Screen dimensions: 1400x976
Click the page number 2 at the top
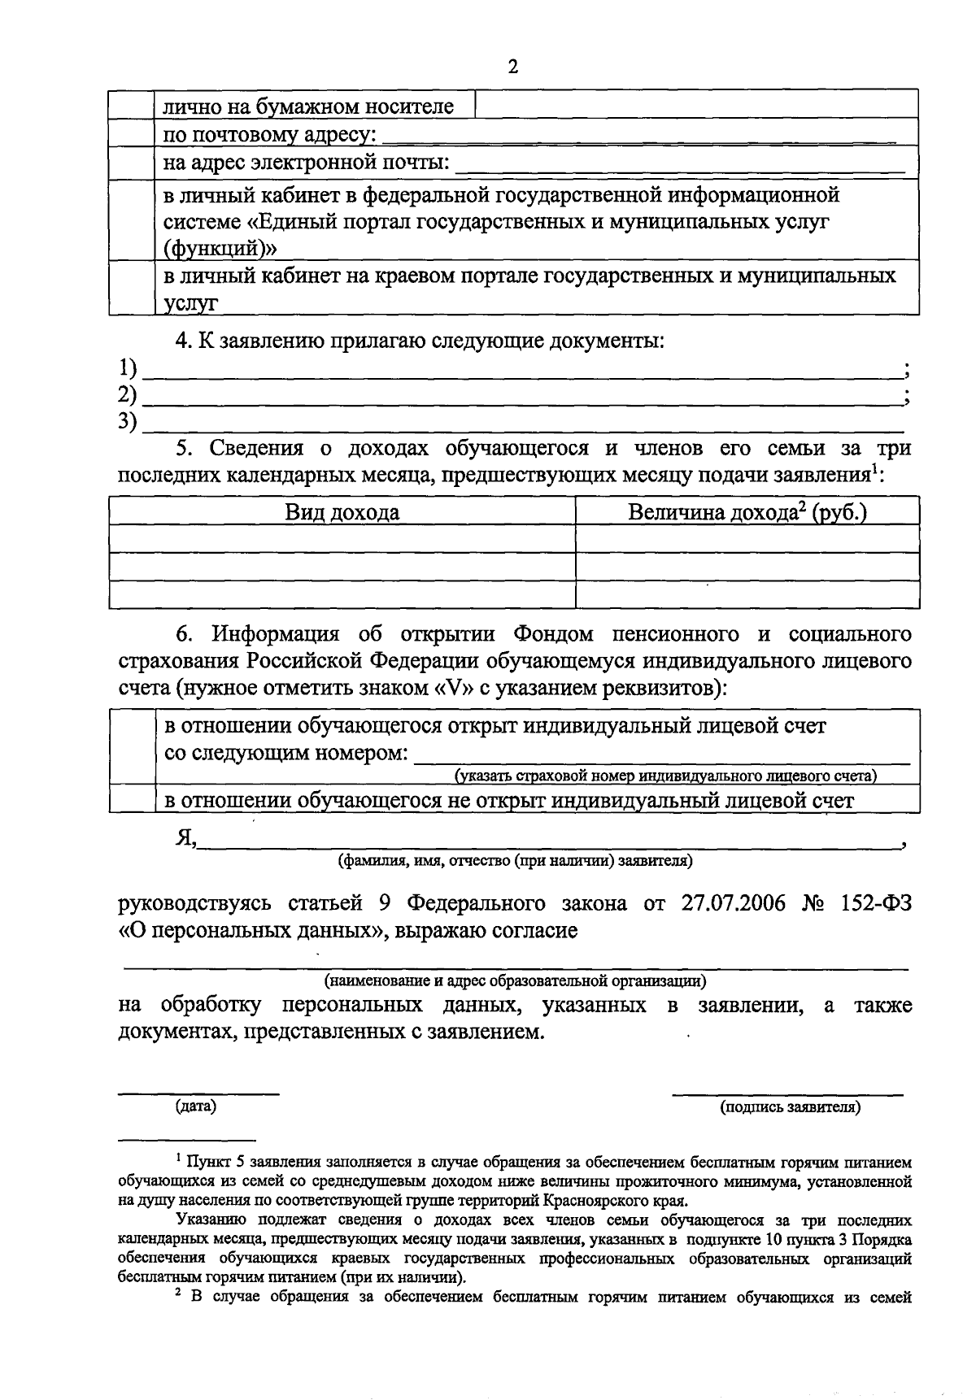click(512, 67)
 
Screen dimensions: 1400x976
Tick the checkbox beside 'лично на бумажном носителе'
click(132, 105)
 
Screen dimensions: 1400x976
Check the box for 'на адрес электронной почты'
click(132, 163)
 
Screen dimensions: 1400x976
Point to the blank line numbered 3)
click(521, 425)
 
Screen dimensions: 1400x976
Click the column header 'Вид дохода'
click(342, 513)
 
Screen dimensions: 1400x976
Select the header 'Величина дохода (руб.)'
click(747, 513)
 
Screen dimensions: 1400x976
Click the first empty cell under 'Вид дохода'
click(342, 538)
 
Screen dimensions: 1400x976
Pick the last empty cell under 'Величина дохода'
click(747, 594)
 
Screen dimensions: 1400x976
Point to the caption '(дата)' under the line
click(196, 1107)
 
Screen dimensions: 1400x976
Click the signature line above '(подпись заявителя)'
click(786, 1093)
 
